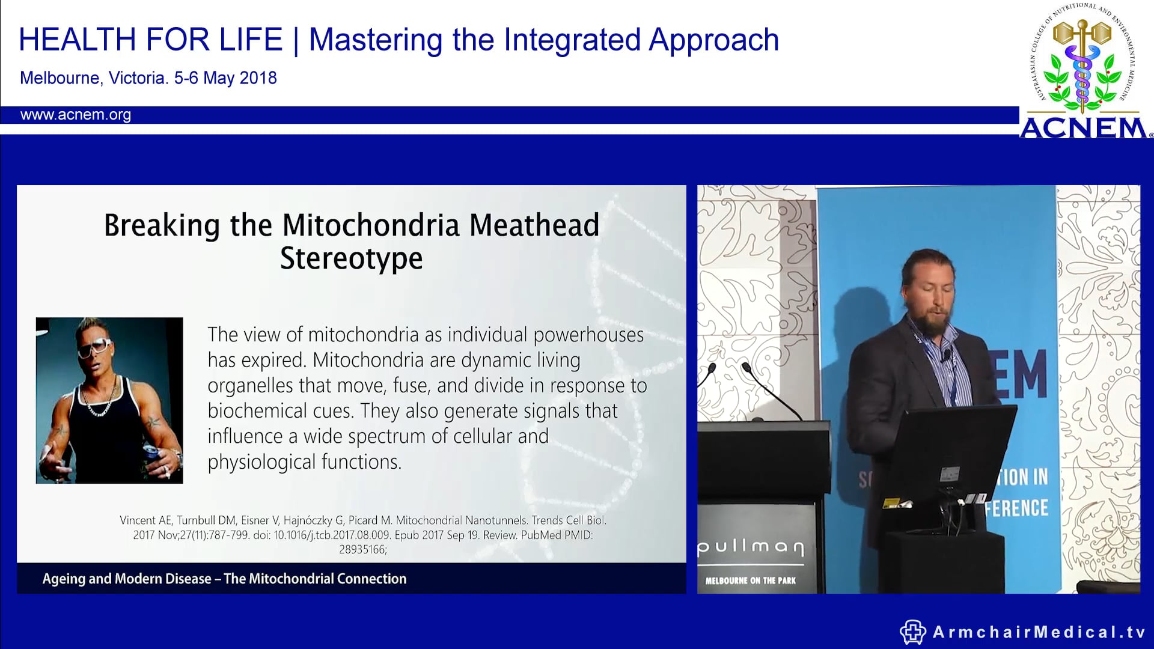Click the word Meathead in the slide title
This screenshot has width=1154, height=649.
point(534,225)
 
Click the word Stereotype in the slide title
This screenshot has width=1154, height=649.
point(351,259)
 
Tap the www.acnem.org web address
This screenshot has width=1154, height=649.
point(76,115)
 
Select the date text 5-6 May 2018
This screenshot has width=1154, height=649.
point(225,78)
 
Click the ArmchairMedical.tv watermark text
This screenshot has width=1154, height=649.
point(1039,632)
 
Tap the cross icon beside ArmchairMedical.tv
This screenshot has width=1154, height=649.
point(912,632)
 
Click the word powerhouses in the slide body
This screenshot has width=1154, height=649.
point(588,335)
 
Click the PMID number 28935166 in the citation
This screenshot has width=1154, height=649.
point(362,549)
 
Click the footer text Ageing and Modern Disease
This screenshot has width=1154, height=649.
point(127,579)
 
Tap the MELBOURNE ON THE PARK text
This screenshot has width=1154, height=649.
point(750,580)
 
